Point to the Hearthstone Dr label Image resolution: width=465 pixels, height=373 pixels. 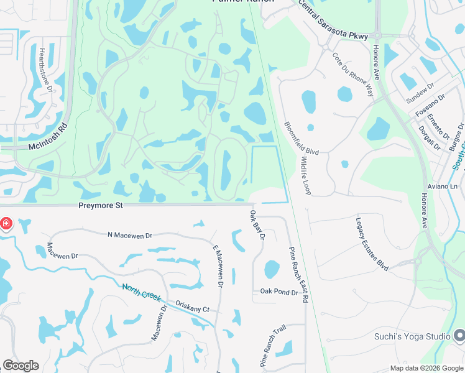click(45, 70)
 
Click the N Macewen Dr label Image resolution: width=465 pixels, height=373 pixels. click(130, 236)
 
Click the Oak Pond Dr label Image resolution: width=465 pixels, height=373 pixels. click(279, 292)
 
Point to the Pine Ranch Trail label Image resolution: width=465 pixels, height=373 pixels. click(272, 346)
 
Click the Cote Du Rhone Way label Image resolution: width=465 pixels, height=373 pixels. click(352, 74)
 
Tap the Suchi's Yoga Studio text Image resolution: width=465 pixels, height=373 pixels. click(412, 337)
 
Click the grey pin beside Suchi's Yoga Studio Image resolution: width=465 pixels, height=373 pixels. click(459, 336)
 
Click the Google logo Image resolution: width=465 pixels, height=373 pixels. click(21, 366)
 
